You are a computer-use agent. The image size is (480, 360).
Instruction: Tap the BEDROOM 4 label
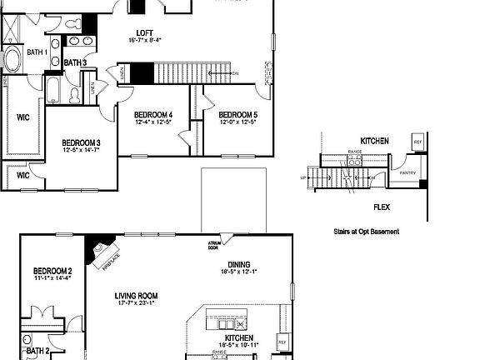tap(153, 114)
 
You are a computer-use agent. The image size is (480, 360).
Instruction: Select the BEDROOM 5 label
tap(238, 114)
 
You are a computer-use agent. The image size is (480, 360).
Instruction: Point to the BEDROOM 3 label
tap(81, 142)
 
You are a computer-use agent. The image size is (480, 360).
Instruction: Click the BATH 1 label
tap(37, 52)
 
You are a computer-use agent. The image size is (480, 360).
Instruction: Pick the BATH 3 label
tap(75, 62)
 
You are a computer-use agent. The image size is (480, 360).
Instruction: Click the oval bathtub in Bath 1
tap(15, 61)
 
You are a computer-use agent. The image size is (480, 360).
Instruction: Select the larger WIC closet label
tap(22, 118)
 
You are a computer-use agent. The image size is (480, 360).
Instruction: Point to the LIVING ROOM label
tap(136, 296)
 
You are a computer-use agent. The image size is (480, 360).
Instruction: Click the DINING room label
tap(238, 262)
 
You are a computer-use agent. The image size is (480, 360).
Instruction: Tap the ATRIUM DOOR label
tap(213, 245)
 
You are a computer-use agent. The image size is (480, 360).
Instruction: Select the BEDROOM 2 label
tap(52, 271)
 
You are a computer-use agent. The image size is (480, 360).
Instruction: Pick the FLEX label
tap(382, 207)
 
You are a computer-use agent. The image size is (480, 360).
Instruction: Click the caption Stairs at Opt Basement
tap(365, 231)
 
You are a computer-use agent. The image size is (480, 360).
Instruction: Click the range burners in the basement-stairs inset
tap(354, 162)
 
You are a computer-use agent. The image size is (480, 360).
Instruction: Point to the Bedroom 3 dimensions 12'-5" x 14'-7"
tap(81, 150)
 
